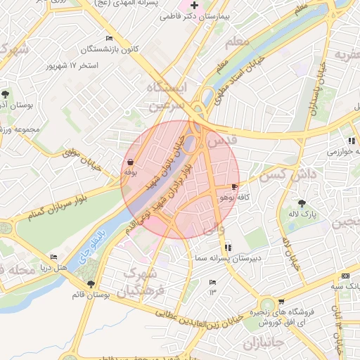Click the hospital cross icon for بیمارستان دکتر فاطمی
[195, 5]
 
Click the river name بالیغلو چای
[93, 241]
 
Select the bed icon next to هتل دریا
[54, 257]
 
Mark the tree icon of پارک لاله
[302, 202]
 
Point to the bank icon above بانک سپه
[345, 276]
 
